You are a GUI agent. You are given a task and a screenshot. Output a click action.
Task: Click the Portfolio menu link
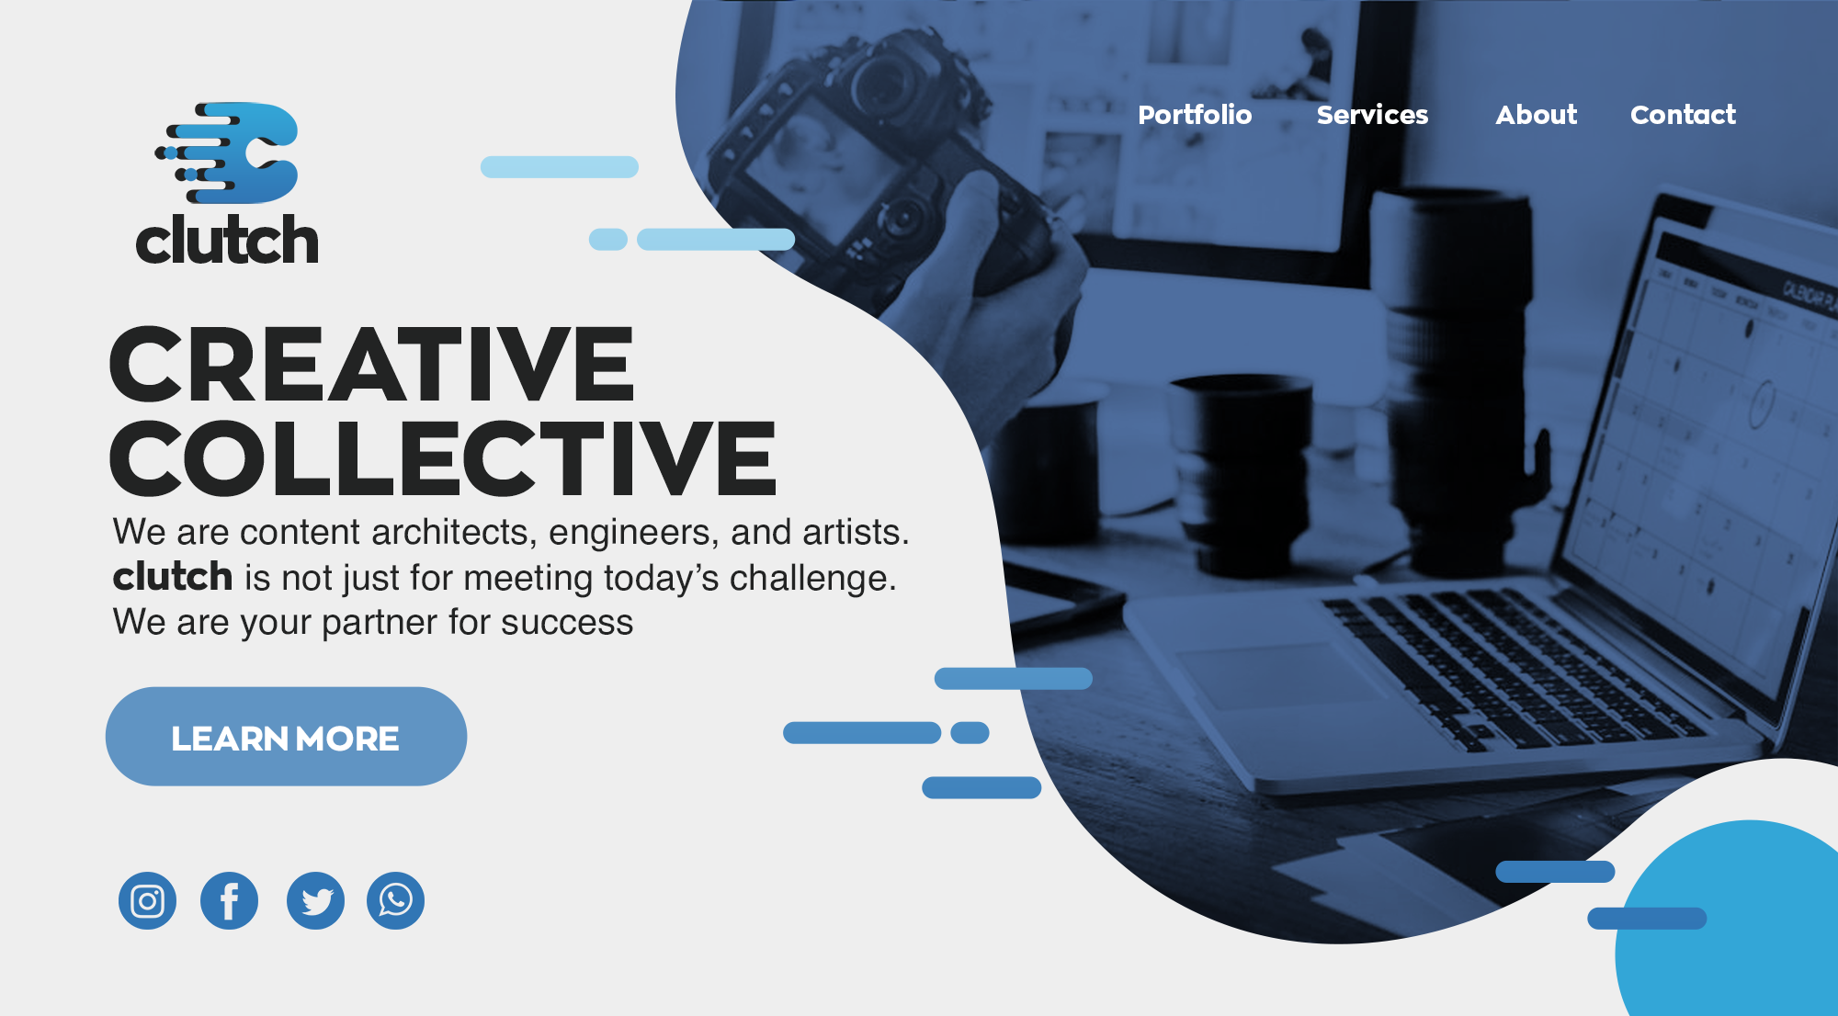tap(1195, 115)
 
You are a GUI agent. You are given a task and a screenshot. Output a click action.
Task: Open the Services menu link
tap(1372, 115)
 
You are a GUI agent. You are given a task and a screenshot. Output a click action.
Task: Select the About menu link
tap(1536, 115)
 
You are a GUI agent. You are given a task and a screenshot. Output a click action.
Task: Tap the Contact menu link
tap(1683, 115)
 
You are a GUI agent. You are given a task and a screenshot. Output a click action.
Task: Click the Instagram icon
tap(147, 900)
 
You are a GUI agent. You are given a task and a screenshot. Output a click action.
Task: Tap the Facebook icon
tap(229, 900)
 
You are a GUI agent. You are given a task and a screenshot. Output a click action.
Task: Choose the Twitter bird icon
tap(315, 900)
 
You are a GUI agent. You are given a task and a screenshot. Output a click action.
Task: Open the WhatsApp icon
tap(395, 900)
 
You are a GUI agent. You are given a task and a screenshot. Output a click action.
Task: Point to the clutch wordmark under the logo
tap(227, 240)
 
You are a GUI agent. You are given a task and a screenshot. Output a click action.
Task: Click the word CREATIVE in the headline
tap(372, 364)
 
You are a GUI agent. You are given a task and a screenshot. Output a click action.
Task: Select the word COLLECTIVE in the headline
tap(443, 457)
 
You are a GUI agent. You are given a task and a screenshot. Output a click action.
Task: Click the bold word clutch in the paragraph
tap(173, 577)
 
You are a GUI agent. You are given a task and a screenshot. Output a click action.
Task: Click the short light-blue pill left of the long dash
tap(608, 240)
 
